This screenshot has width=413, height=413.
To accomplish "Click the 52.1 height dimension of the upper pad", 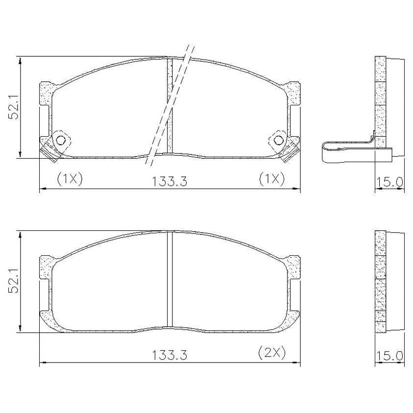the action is pyautogui.click(x=14, y=107).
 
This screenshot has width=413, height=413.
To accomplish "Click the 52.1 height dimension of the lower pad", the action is pyautogui.click(x=14, y=281).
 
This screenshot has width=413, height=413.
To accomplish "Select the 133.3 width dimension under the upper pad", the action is pyautogui.click(x=170, y=181).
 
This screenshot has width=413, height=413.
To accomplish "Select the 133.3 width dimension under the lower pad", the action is pyautogui.click(x=170, y=355).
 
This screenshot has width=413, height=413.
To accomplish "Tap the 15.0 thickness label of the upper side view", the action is pyautogui.click(x=389, y=181).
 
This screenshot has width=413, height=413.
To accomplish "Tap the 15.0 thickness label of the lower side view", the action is pyautogui.click(x=389, y=356).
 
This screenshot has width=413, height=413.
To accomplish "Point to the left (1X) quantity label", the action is pyautogui.click(x=70, y=179).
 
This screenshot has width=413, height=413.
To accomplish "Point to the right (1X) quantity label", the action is pyautogui.click(x=272, y=179).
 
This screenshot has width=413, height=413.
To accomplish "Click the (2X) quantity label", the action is pyautogui.click(x=272, y=352).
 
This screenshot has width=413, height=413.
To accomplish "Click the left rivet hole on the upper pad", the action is pyautogui.click(x=61, y=140).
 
